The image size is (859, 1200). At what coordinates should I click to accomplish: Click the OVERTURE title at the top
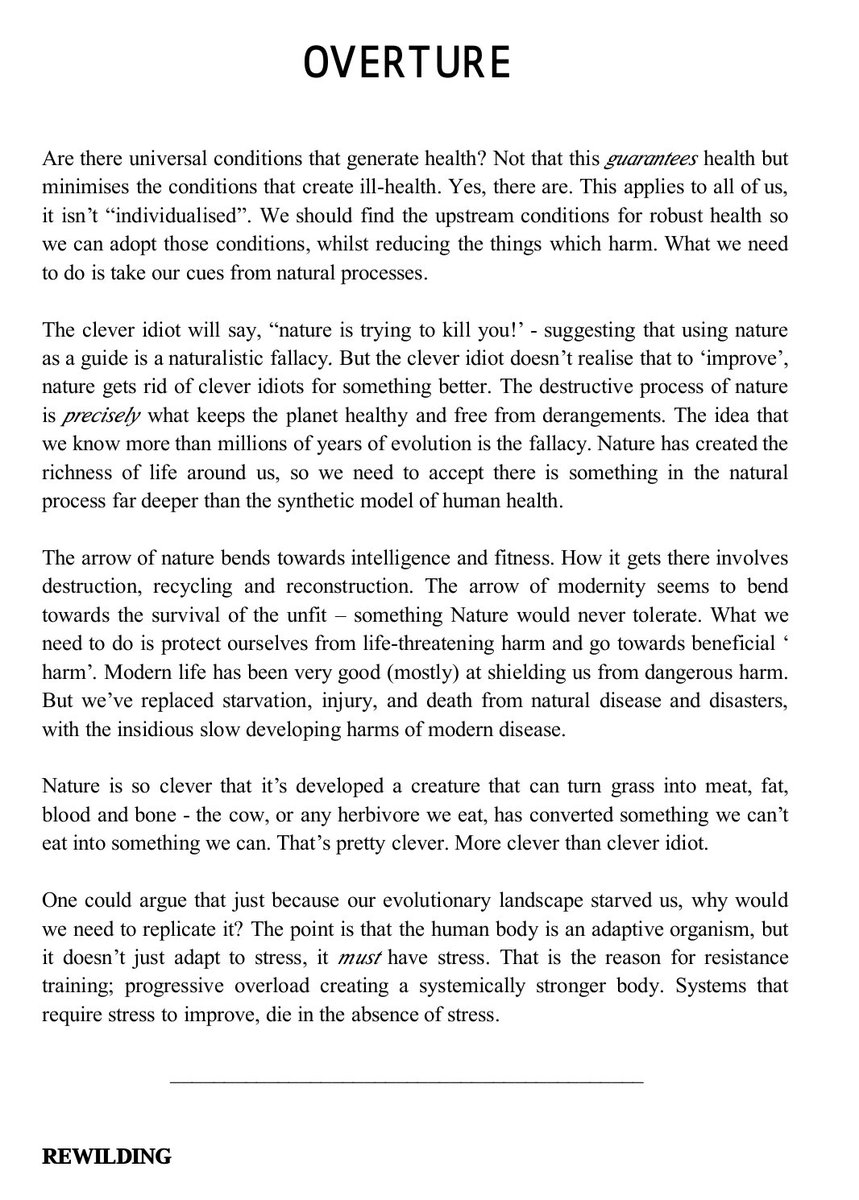coord(407,64)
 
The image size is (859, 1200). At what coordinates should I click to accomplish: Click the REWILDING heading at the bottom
coord(106,1157)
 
